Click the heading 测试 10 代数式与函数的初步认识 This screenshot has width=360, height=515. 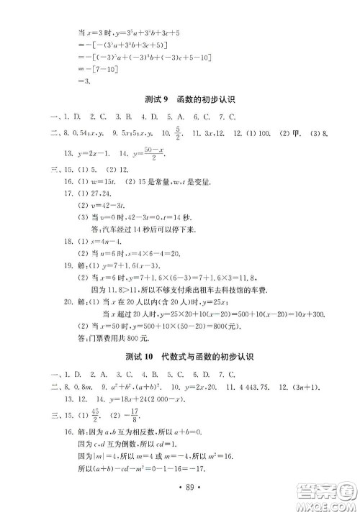[180, 357]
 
